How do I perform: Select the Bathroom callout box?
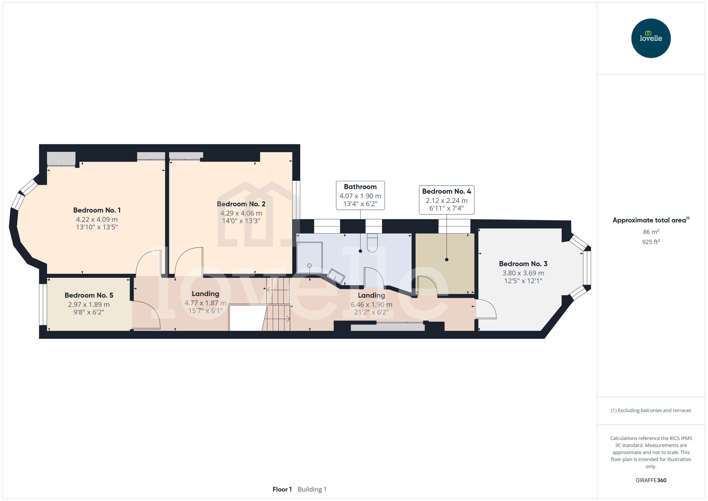click(360, 195)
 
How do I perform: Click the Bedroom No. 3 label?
click(523, 264)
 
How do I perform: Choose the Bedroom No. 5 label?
click(89, 295)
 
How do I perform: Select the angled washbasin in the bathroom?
click(336, 276)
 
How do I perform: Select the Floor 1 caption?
click(282, 489)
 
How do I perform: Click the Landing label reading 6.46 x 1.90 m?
click(371, 304)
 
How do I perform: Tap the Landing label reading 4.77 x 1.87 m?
click(205, 303)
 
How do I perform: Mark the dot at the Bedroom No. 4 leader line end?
click(446, 260)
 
